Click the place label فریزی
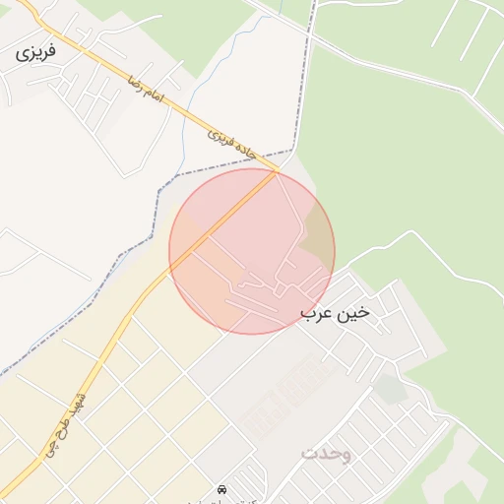[36, 50]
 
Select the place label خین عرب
[336, 313]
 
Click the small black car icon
[220, 489]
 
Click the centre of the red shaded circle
[252, 251]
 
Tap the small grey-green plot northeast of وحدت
[391, 390]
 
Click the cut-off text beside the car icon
[256, 495]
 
